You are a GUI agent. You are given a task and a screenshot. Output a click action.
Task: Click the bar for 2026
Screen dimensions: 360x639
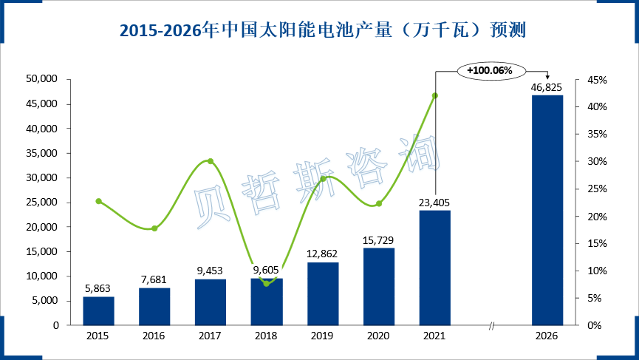coord(547,210)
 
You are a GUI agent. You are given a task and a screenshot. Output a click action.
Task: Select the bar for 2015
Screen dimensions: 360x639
coord(98,310)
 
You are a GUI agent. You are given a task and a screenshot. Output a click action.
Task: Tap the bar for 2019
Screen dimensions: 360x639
coord(322,293)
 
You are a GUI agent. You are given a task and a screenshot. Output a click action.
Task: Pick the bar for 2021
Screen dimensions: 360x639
coord(434,268)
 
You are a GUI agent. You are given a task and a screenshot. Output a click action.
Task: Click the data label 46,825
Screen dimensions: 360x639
coord(547,88)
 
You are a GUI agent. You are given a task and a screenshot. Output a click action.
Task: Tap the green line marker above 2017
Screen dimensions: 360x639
coord(211,161)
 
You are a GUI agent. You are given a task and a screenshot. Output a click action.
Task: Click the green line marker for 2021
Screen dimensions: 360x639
coord(434,95)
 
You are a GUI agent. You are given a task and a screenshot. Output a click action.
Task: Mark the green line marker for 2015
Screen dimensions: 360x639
coord(98,201)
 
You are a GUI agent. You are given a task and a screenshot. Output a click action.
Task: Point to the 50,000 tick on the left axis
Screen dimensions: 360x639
coord(42,79)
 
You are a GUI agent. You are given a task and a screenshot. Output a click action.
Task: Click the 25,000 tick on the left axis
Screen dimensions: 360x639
coord(42,202)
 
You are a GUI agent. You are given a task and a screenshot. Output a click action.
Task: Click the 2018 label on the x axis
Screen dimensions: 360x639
coord(267,336)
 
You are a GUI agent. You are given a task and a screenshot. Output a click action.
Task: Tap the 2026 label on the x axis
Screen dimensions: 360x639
coord(547,336)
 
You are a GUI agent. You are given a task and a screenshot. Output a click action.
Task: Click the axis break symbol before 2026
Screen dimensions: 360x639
coord(491,325)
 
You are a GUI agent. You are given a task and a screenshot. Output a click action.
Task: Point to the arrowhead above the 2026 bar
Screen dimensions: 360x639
coord(547,78)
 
